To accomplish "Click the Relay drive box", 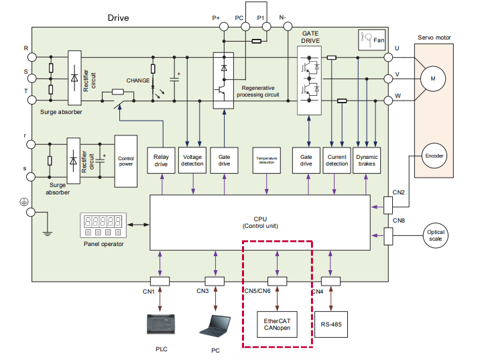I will (161, 160).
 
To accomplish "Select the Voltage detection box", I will (193, 160).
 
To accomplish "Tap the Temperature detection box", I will (266, 160).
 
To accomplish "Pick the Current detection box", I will (337, 160).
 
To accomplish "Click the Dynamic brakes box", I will (367, 160).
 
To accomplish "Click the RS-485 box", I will (331, 325).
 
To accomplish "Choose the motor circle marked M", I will (432, 78).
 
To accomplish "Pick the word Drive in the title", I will (118, 17).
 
